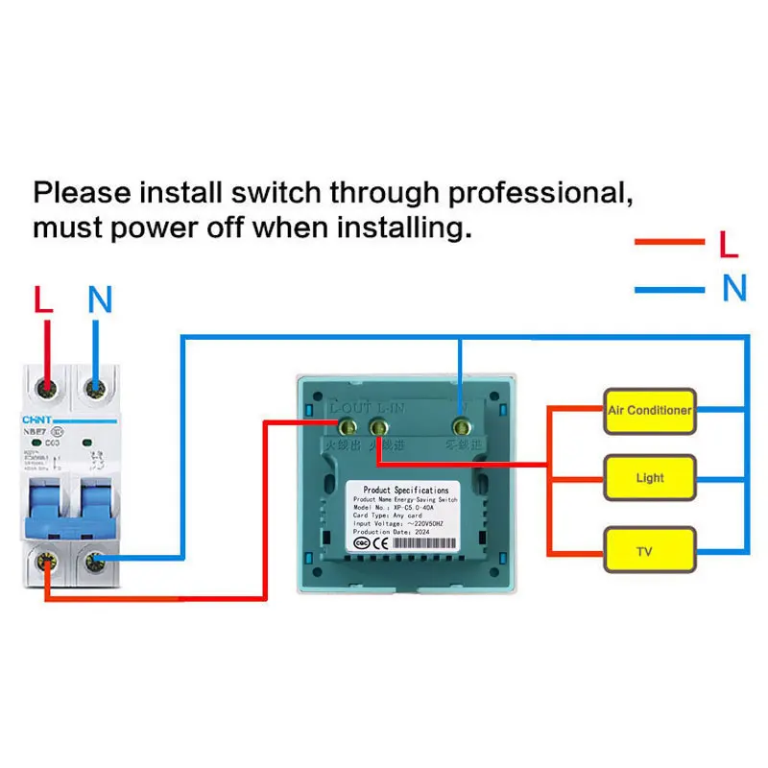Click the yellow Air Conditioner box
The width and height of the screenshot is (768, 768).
click(x=649, y=410)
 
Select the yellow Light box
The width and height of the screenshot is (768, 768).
click(x=649, y=477)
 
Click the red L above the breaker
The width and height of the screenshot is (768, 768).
click(x=43, y=300)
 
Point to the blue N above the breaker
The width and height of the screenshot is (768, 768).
click(x=100, y=300)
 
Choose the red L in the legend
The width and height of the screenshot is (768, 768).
click(x=729, y=244)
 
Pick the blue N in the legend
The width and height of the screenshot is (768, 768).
click(x=733, y=288)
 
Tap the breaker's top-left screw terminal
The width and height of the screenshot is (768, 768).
click(x=44, y=388)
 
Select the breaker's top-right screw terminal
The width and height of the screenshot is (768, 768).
click(x=95, y=388)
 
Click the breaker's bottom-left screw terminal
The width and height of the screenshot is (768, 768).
click(x=44, y=561)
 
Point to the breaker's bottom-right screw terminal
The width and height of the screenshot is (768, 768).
click(x=95, y=561)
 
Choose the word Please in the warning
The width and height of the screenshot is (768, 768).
click(x=83, y=192)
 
